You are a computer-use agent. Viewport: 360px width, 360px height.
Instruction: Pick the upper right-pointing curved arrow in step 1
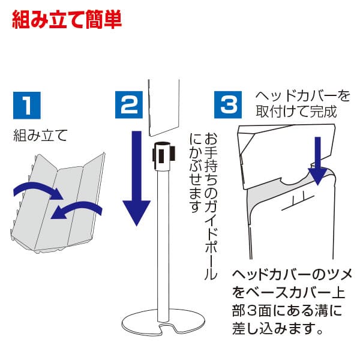[x=37, y=191]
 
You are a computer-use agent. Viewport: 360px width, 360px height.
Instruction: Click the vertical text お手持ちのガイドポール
[x=211, y=204]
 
